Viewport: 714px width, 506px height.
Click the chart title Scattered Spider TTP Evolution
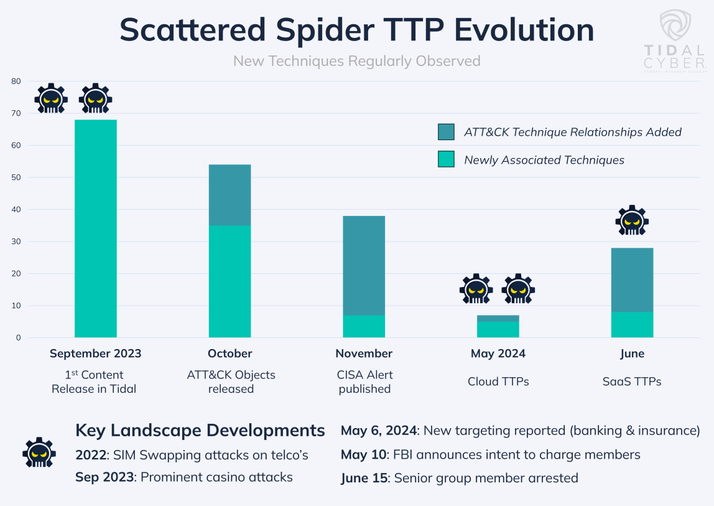tap(356, 30)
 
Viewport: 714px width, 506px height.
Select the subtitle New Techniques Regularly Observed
tap(356, 61)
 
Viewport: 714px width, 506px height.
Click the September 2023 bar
tap(95, 228)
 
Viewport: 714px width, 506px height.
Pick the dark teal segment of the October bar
tap(229, 195)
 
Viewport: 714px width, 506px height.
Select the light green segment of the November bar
tap(364, 326)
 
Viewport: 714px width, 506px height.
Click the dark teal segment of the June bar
tap(632, 279)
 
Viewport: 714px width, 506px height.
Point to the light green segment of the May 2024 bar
tap(498, 329)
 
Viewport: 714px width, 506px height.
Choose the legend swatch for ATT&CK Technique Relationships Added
tap(446, 132)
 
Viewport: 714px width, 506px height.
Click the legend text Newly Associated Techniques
tap(544, 160)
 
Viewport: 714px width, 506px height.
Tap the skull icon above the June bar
tap(632, 221)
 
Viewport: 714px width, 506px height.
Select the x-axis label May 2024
tap(498, 354)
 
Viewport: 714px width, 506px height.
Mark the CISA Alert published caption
tap(364, 382)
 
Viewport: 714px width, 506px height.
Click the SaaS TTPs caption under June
tap(632, 382)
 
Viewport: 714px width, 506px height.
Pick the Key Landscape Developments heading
tap(200, 430)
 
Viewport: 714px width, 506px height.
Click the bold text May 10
tap(364, 454)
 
